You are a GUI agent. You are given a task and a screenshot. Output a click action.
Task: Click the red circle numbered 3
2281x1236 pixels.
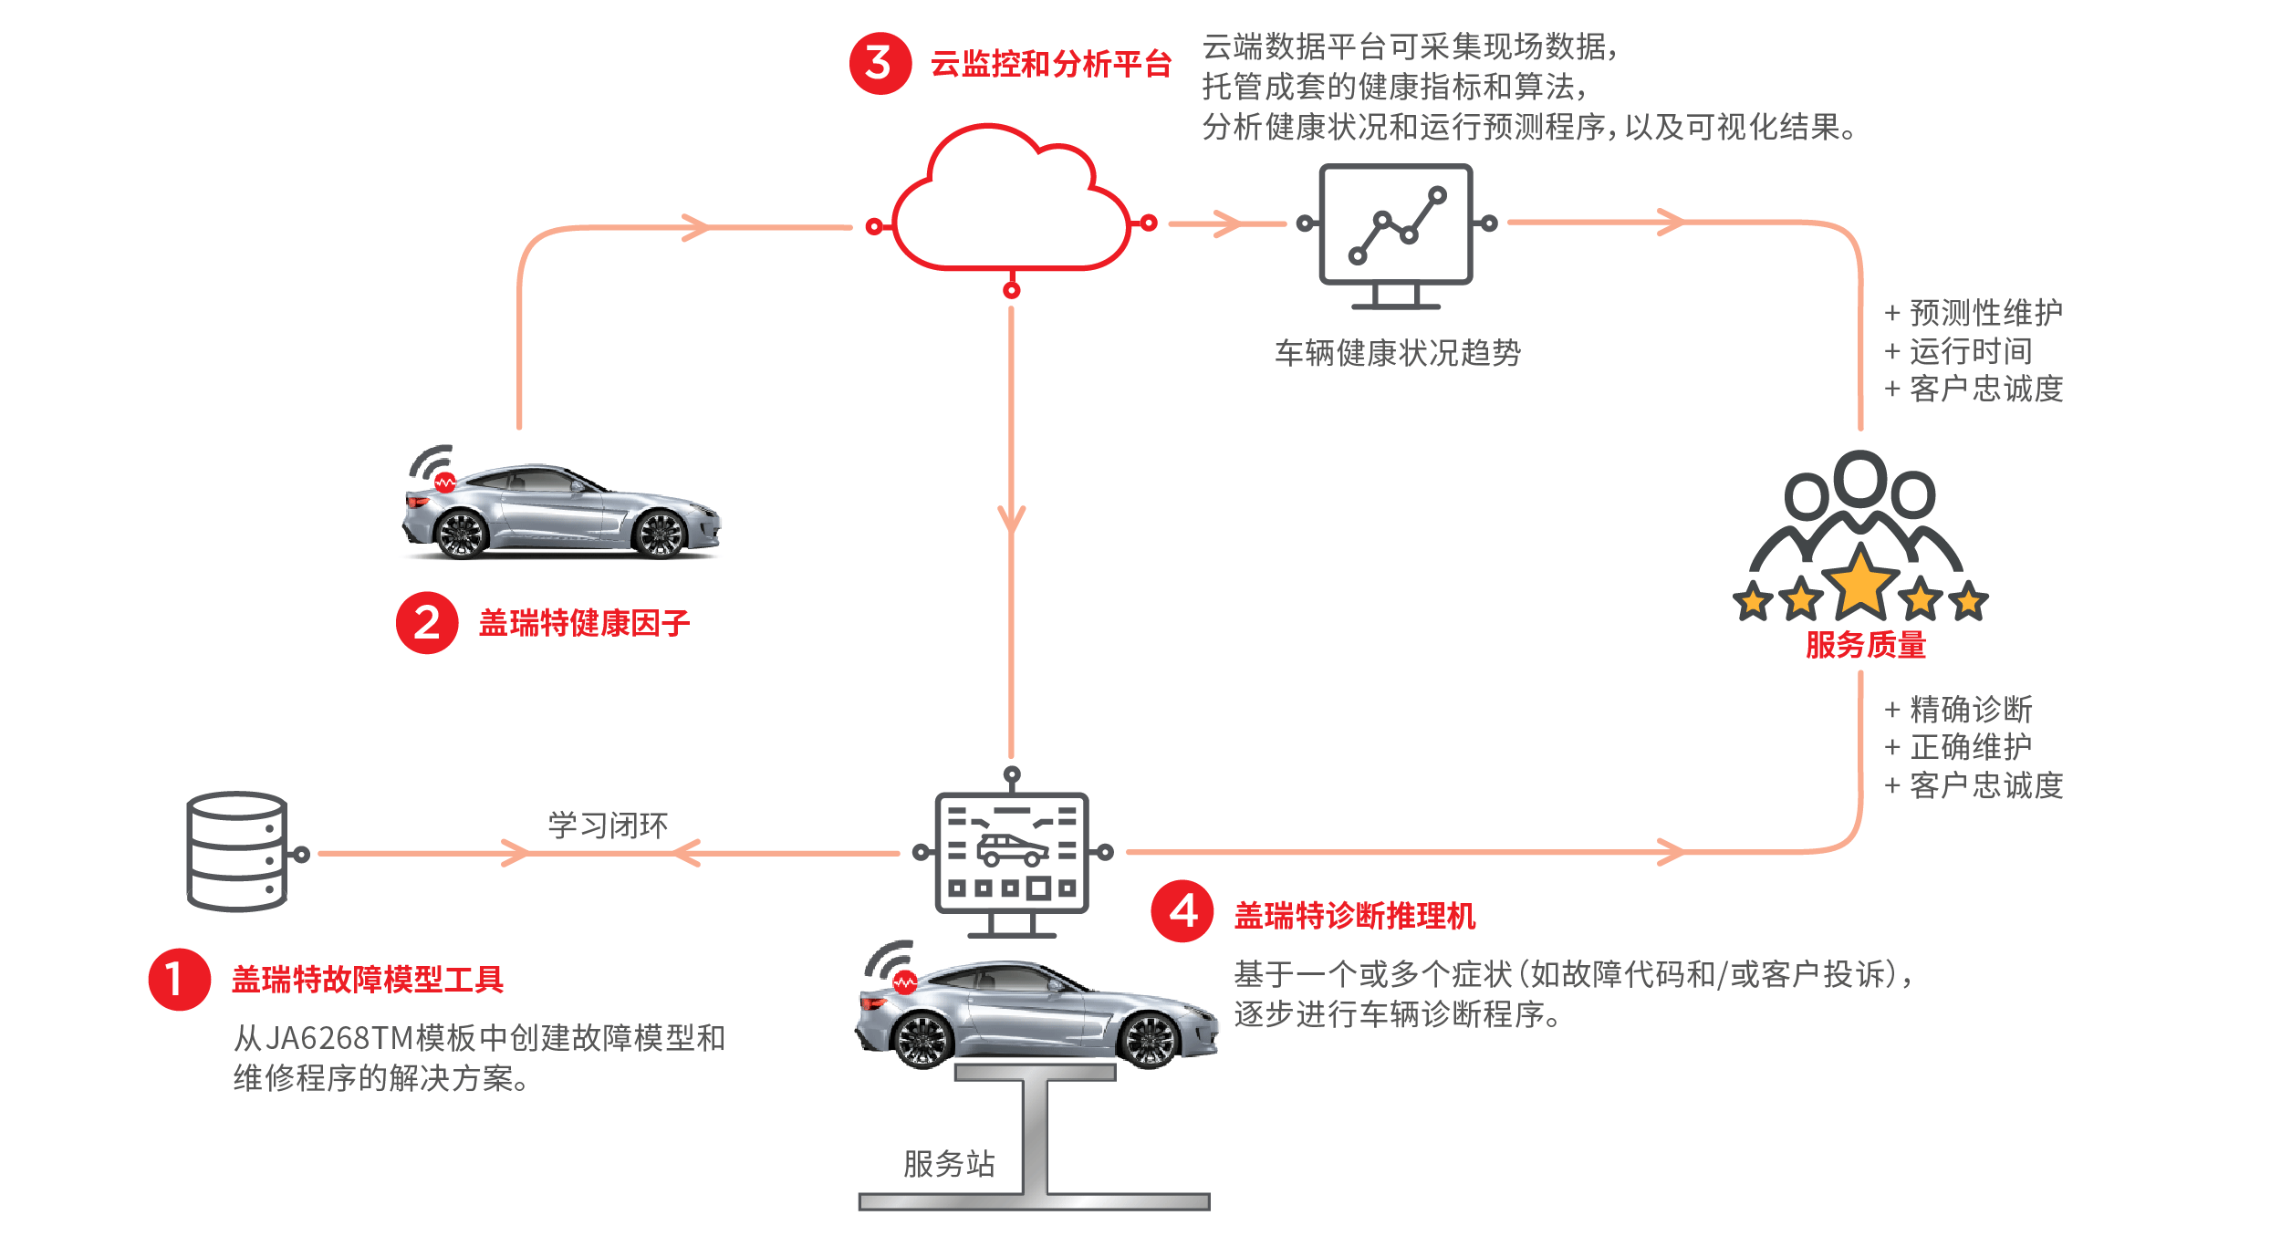pyautogui.click(x=880, y=64)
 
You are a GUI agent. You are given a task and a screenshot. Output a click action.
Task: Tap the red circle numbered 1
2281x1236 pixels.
pyautogui.click(x=180, y=979)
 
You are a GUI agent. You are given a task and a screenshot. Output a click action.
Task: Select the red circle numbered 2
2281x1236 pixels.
pyautogui.click(x=426, y=623)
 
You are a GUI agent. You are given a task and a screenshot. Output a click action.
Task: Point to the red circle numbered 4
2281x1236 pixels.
pyautogui.click(x=1182, y=910)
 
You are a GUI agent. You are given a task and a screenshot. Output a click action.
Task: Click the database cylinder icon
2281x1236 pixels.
pyautogui.click(x=237, y=851)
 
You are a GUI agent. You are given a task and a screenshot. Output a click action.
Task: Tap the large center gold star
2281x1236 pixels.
pyautogui.click(x=1860, y=581)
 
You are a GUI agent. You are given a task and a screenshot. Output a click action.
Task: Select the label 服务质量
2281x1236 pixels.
pyautogui.click(x=1865, y=645)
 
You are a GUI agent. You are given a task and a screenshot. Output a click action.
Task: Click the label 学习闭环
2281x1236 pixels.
pyautogui.click(x=608, y=826)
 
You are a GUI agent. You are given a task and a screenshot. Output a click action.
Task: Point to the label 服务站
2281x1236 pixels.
pyautogui.click(x=949, y=1163)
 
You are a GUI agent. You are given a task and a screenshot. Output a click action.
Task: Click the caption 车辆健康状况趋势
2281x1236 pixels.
pyautogui.click(x=1398, y=353)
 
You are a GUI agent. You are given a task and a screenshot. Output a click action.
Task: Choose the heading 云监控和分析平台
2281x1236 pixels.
pyautogui.click(x=1050, y=64)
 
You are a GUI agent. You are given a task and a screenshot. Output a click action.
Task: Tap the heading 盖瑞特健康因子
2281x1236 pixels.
pyautogui.click(x=584, y=623)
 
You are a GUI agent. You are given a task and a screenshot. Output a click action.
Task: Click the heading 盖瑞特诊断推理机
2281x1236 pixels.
pyautogui.click(x=1354, y=915)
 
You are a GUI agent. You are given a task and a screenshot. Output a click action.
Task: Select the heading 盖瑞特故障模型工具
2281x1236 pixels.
pyautogui.click(x=367, y=980)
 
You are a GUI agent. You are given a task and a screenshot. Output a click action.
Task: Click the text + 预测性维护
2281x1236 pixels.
pyautogui.click(x=1974, y=313)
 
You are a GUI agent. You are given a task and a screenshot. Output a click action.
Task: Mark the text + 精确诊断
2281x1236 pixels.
pyautogui.click(x=1958, y=709)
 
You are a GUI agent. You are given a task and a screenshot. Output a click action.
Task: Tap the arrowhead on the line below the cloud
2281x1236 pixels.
pyautogui.click(x=1011, y=520)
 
